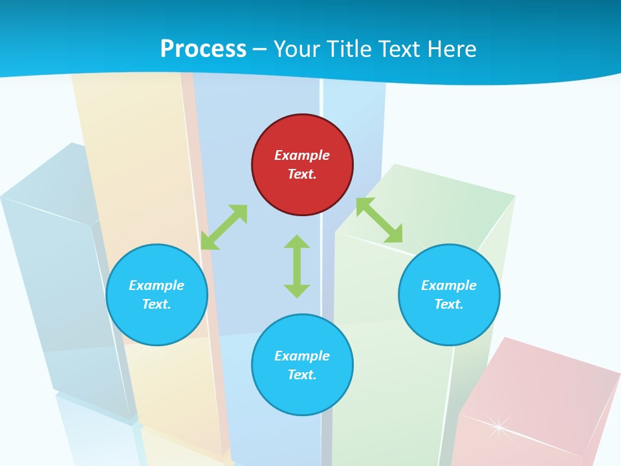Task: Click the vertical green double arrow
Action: [297, 266]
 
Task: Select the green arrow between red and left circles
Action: [224, 227]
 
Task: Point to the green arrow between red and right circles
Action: [379, 220]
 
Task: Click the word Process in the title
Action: [203, 49]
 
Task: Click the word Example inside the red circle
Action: [302, 155]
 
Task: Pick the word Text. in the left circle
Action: [157, 304]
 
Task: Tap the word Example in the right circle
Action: [449, 285]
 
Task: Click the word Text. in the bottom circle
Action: [302, 375]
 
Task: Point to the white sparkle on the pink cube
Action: [499, 426]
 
